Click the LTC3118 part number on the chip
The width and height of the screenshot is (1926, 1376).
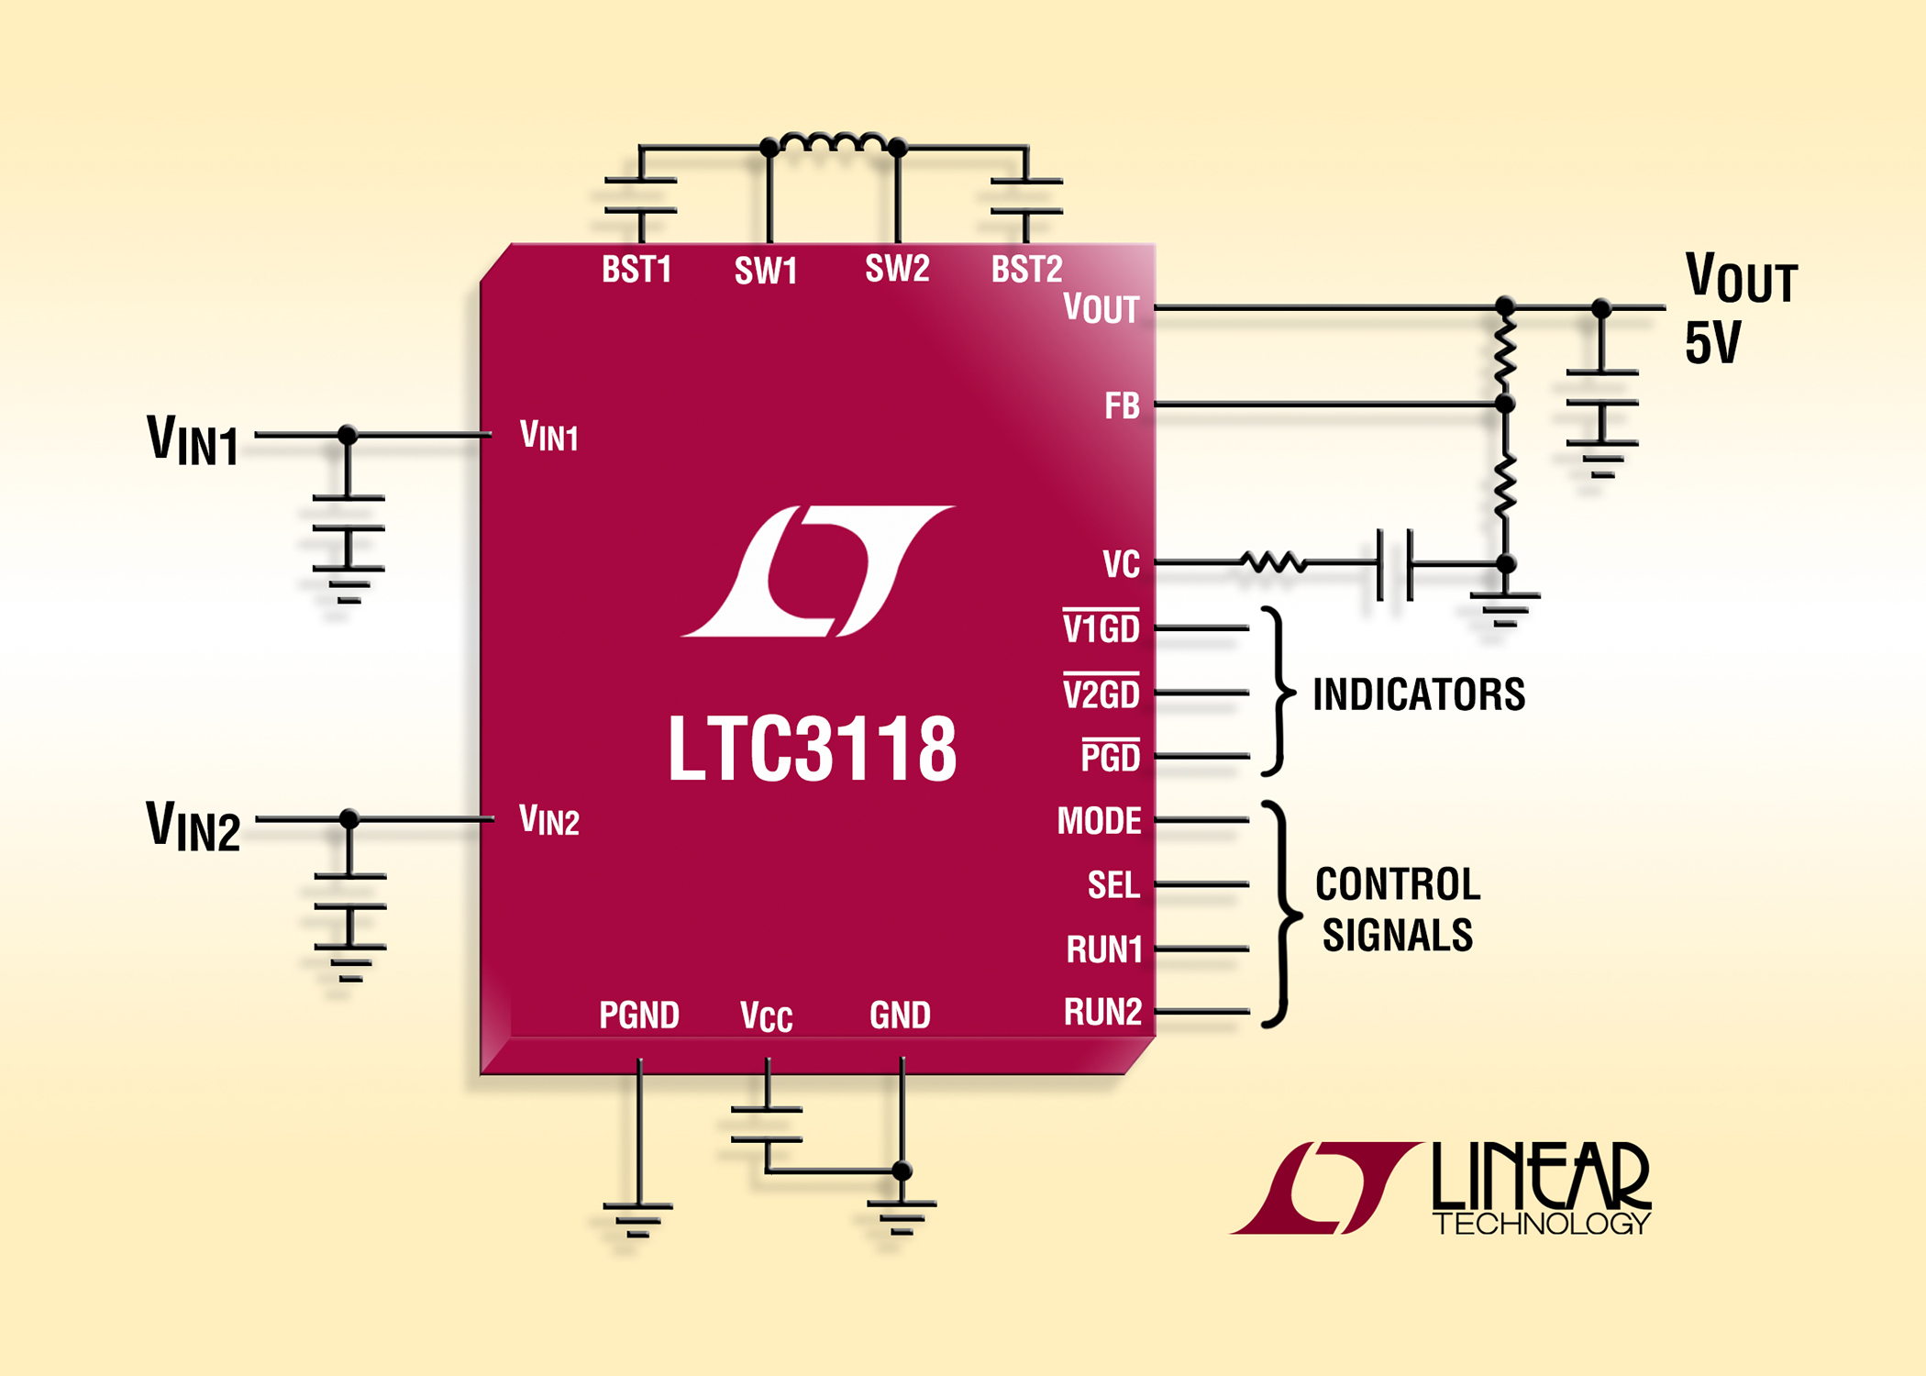pyautogui.click(x=813, y=749)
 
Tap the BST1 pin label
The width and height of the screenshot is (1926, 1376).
pyautogui.click(x=636, y=270)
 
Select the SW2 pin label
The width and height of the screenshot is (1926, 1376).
pyautogui.click(x=897, y=269)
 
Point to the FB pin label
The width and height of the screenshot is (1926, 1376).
pyautogui.click(x=1122, y=405)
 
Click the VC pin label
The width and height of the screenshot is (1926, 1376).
pyautogui.click(x=1121, y=564)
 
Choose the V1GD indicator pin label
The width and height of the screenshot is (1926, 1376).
pyautogui.click(x=1101, y=628)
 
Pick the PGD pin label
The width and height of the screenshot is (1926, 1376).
pyautogui.click(x=1111, y=757)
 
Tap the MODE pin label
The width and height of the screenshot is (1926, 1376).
pyautogui.click(x=1099, y=821)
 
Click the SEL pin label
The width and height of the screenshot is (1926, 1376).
pyautogui.click(x=1113, y=885)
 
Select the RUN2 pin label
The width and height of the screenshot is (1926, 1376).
pyautogui.click(x=1102, y=1012)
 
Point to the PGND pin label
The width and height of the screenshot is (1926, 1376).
pyautogui.click(x=638, y=1015)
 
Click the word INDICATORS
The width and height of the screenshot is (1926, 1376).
pyautogui.click(x=1419, y=694)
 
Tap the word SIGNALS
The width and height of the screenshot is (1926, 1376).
pyautogui.click(x=1397, y=936)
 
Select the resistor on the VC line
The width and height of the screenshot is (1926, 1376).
pyautogui.click(x=1273, y=561)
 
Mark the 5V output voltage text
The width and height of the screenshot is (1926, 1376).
pyautogui.click(x=1712, y=343)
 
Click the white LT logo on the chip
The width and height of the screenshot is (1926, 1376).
pyautogui.click(x=817, y=571)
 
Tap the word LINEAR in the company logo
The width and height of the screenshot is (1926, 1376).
pyautogui.click(x=1541, y=1175)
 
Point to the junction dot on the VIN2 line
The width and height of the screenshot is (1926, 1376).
pyautogui.click(x=349, y=818)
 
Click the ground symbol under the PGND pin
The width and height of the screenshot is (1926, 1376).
pyautogui.click(x=638, y=1219)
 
